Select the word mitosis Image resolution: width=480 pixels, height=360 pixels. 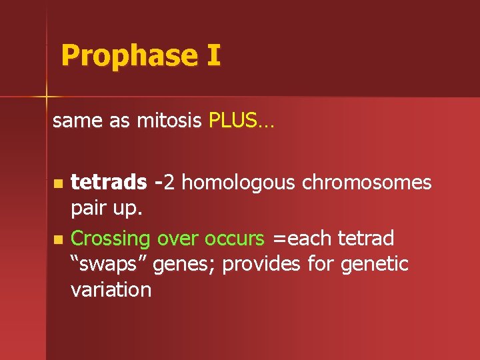point(170,121)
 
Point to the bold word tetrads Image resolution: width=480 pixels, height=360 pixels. point(109,182)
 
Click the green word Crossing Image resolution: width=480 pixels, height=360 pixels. point(111,239)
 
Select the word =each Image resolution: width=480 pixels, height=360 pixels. point(301,238)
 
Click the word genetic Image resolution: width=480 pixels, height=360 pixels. point(375,265)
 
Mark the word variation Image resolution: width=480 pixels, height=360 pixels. point(111,290)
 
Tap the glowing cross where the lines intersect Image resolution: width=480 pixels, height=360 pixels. point(47,97)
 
